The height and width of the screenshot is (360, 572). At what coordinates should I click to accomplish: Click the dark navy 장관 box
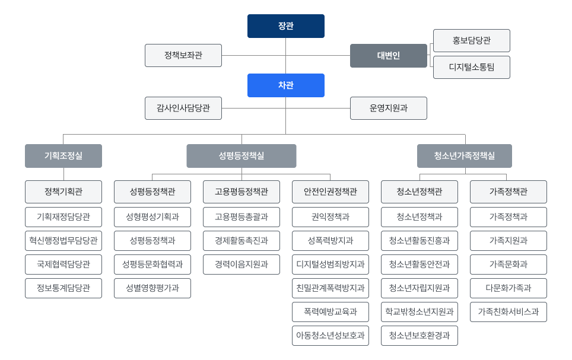pyautogui.click(x=285, y=26)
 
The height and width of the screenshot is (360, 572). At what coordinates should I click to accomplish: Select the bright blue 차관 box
pyautogui.click(x=285, y=85)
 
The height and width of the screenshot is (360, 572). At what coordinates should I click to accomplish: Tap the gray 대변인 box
pyautogui.click(x=388, y=56)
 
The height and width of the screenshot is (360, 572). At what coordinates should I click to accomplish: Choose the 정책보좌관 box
pyautogui.click(x=183, y=56)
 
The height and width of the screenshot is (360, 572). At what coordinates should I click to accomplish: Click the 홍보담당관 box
pyautogui.click(x=471, y=41)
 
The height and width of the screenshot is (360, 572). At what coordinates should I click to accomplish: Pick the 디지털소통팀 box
pyautogui.click(x=471, y=68)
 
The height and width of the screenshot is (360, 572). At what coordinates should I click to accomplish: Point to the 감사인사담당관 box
pyautogui.click(x=183, y=109)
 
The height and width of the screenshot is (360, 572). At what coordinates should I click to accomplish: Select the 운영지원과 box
pyautogui.click(x=388, y=109)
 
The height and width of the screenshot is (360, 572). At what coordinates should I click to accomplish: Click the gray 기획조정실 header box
pyautogui.click(x=63, y=156)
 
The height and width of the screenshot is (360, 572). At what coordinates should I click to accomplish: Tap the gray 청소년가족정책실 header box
pyautogui.click(x=464, y=156)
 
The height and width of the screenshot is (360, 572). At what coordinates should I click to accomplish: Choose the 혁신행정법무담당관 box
pyautogui.click(x=63, y=241)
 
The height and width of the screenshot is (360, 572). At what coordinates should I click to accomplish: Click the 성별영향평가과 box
pyautogui.click(x=152, y=288)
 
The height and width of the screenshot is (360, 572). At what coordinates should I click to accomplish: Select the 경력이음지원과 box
pyautogui.click(x=241, y=265)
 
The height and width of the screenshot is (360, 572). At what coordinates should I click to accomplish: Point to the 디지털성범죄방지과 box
pyautogui.click(x=331, y=265)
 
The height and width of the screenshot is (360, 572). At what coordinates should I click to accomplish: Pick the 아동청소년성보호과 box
pyautogui.click(x=331, y=336)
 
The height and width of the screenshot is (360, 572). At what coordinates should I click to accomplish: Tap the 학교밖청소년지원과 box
pyautogui.click(x=420, y=312)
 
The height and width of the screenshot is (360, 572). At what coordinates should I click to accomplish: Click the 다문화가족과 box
pyautogui.click(x=509, y=288)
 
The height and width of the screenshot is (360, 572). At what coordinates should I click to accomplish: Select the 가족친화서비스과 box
pyautogui.click(x=509, y=312)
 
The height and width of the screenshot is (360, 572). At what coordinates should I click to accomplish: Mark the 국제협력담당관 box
pyautogui.click(x=63, y=265)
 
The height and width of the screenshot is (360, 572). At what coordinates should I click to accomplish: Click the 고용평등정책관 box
pyautogui.click(x=241, y=192)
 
